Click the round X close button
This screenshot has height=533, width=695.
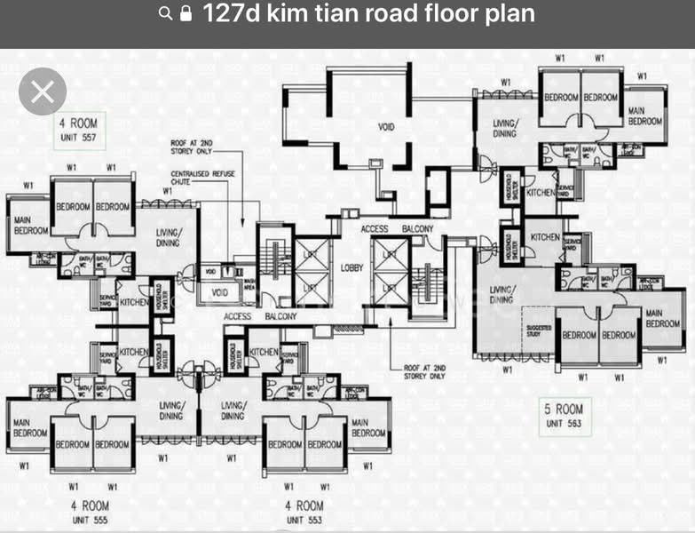[43, 91]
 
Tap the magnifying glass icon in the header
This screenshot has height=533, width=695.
[165, 14]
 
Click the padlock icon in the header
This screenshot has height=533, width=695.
[186, 14]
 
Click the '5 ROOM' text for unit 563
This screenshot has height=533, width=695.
[564, 410]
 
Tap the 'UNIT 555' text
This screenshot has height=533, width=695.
[89, 520]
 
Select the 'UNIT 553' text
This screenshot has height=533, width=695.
[304, 520]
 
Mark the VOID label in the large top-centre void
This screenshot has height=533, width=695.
[386, 127]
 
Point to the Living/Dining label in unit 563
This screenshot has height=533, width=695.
[502, 294]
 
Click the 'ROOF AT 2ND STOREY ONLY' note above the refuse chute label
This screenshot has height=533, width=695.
[190, 147]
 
